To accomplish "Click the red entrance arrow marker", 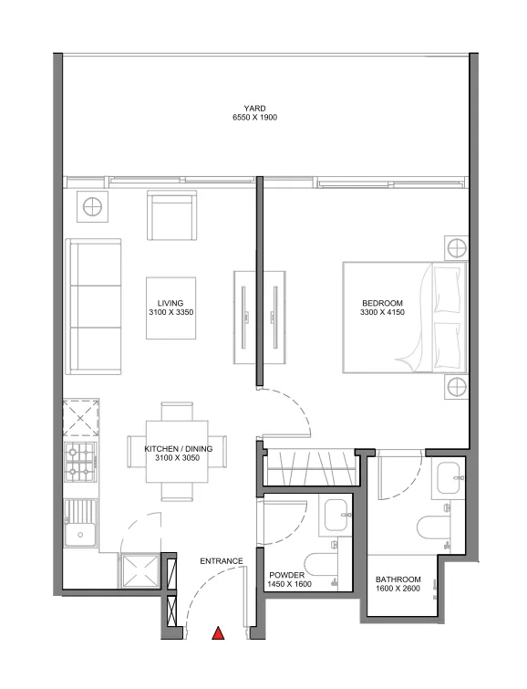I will [x=219, y=632].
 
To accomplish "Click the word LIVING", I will [x=170, y=303].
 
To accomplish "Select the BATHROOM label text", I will [x=398, y=579].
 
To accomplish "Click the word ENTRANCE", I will [x=222, y=561].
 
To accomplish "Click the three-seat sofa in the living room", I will [x=93, y=306].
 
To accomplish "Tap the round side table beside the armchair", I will [x=94, y=207].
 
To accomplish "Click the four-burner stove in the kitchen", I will [x=79, y=465].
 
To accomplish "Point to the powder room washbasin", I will [x=334, y=515].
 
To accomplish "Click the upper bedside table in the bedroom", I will [x=455, y=248].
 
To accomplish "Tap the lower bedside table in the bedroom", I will [x=455, y=388].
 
